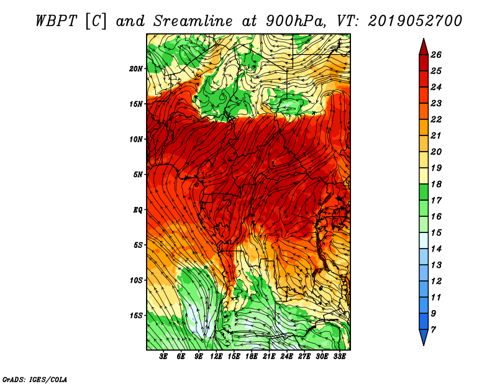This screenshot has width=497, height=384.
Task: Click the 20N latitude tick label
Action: (136, 68)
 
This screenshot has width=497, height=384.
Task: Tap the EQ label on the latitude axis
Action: (137, 209)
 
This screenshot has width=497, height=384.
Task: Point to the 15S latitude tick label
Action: (136, 316)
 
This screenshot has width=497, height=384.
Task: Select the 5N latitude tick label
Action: (138, 175)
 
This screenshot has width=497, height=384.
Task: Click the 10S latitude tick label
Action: (136, 280)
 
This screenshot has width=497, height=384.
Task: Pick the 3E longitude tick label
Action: (163, 357)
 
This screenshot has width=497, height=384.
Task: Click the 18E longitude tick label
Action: (252, 357)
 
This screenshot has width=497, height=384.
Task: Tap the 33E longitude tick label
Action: (339, 357)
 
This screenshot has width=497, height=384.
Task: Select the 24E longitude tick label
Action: (286, 357)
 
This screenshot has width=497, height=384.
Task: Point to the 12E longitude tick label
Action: (216, 357)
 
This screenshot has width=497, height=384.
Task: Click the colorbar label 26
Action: (436, 55)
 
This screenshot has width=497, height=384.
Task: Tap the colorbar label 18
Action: (436, 184)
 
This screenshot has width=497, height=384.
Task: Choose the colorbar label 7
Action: (434, 330)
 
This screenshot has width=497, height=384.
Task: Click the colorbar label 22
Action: (436, 119)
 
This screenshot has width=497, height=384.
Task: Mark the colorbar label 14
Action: (436, 249)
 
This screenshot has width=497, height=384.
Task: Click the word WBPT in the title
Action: (57, 21)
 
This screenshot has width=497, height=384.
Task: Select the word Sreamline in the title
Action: (193, 21)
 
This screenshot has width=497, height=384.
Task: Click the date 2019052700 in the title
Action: (415, 21)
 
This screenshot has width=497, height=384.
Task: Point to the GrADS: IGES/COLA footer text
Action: (35, 379)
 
